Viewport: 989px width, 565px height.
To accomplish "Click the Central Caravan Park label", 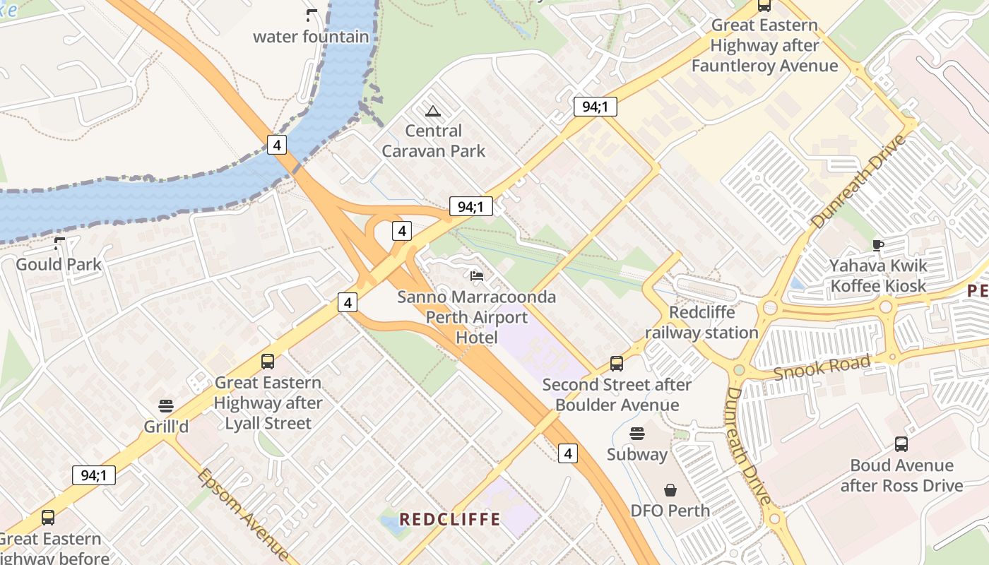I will (434, 141).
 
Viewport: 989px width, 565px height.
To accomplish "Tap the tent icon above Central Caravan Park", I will (433, 110).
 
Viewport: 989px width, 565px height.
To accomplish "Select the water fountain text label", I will (311, 37).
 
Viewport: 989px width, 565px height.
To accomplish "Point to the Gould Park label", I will (59, 265).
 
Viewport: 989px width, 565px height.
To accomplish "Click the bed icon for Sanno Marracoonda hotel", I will (478, 275).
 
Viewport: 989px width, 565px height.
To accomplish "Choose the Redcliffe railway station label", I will (701, 322).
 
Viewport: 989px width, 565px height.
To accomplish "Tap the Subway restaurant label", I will (637, 454).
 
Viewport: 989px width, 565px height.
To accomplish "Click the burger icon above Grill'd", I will (166, 406).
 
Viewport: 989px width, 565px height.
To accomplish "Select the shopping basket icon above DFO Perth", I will (670, 489).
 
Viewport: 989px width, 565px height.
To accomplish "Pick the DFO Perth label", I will (670, 510).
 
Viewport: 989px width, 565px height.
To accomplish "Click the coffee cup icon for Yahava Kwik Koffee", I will (878, 245).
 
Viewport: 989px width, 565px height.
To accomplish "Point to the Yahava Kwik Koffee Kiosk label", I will (878, 276).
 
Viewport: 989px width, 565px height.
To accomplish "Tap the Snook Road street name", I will (822, 367).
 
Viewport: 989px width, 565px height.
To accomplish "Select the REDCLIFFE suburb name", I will (450, 520).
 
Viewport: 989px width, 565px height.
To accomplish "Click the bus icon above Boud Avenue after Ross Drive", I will (901, 444).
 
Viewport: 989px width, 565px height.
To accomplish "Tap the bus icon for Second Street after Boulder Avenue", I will (617, 364).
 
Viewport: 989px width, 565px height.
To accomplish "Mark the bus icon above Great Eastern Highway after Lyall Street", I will (268, 362).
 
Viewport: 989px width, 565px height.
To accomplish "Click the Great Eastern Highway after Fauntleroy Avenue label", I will (764, 46).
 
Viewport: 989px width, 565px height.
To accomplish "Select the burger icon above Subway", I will (637, 434).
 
